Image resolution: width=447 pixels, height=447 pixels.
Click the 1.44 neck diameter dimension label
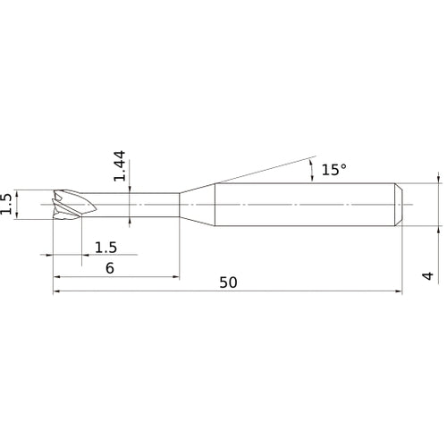click(x=120, y=166)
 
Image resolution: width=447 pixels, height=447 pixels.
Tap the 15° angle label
click(x=333, y=170)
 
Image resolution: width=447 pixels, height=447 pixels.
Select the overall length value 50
click(x=228, y=283)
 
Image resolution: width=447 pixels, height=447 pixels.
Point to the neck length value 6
click(x=110, y=268)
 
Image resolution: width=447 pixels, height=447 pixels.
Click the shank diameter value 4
click(x=428, y=275)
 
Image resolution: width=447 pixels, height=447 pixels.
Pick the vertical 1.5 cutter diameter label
click(x=5, y=204)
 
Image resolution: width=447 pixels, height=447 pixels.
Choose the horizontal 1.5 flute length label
click(x=105, y=248)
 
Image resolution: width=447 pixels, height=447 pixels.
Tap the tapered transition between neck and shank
click(x=197, y=205)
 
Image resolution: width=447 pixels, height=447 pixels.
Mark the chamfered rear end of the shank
click(x=399, y=205)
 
